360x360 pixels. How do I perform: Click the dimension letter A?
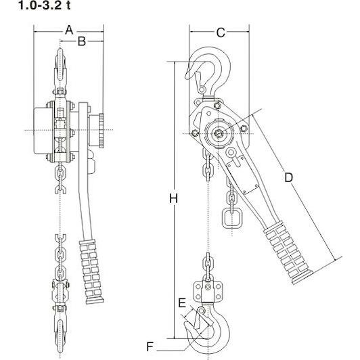(69, 30)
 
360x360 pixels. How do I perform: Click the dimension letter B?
(82, 41)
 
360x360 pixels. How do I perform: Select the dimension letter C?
(221, 32)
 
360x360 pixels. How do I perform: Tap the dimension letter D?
(288, 178)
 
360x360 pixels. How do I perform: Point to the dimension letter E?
(182, 303)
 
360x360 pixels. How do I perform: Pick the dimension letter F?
(150, 346)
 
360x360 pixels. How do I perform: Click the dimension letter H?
(173, 198)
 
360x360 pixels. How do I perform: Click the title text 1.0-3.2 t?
(44, 5)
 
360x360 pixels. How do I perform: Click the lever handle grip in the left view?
(91, 271)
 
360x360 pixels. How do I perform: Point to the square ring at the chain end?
(232, 218)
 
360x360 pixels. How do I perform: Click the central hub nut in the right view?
(217, 133)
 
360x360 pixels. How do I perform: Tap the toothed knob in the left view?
(102, 131)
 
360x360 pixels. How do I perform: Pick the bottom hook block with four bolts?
(208, 292)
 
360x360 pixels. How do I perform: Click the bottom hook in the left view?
(60, 331)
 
